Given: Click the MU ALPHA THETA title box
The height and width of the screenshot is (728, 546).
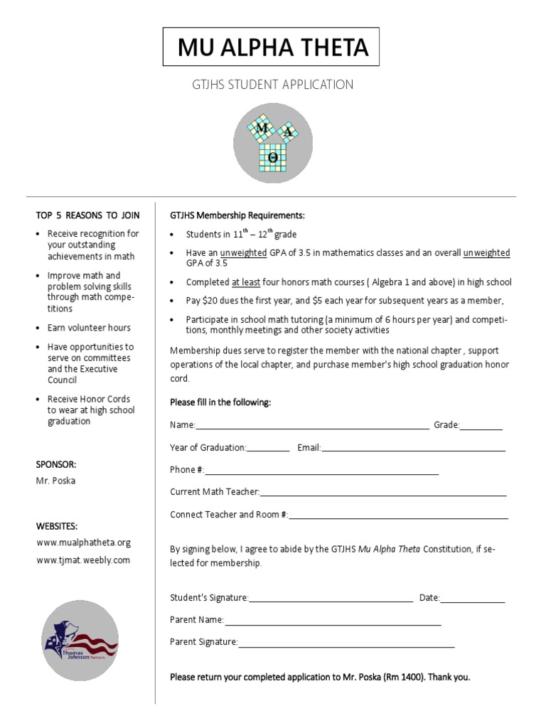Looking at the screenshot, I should (273, 48).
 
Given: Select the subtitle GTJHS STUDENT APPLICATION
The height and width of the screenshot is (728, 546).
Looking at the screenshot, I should (273, 85).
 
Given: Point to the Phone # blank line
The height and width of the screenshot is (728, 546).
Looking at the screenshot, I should (321, 471).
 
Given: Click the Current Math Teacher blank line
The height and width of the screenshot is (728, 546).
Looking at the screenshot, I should (383, 493).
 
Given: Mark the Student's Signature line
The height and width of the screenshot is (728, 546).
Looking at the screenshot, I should (331, 599).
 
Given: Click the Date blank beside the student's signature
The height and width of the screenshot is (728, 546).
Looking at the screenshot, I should (473, 599).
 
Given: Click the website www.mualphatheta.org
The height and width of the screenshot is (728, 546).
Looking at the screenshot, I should (84, 542).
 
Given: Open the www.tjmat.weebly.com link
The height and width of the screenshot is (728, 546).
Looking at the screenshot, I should (83, 560).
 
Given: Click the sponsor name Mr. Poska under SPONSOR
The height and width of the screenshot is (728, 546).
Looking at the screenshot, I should (55, 481).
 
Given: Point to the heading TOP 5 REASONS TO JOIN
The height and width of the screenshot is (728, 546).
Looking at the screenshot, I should (88, 215).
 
